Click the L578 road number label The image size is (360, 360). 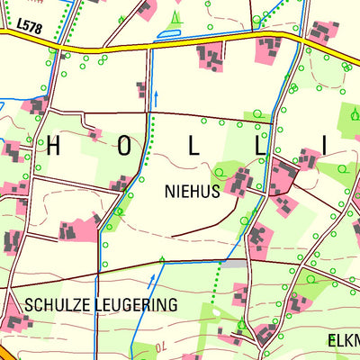coord(30,31)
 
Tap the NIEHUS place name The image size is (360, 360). coord(192,191)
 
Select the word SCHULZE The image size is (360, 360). coord(58,305)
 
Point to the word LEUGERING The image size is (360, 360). coord(135,305)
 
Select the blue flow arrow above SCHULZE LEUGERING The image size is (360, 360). coord(161,262)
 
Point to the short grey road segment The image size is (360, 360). coord(232,264)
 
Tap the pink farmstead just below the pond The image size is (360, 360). coord(211,58)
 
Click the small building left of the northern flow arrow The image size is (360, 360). coord(141,88)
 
